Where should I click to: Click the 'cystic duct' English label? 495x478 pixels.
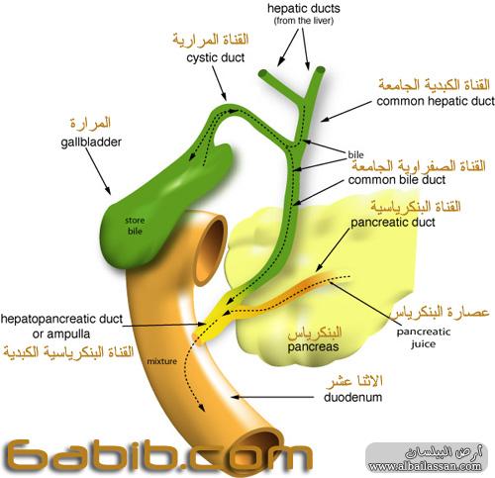[x=215, y=57]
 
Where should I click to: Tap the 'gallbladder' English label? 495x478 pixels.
[x=91, y=143]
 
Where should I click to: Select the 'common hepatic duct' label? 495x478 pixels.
[x=436, y=101]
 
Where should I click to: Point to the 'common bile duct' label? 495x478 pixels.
[x=397, y=180]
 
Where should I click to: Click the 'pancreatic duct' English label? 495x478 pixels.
[x=393, y=223]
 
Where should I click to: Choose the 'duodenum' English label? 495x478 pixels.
[x=353, y=397]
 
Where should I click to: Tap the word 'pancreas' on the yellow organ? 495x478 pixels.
[x=313, y=347]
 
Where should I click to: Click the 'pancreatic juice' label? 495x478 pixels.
[x=424, y=337]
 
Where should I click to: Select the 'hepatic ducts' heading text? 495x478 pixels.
[x=304, y=9]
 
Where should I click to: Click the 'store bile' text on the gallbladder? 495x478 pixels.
[x=135, y=226]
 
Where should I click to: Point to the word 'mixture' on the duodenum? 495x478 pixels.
[x=161, y=361]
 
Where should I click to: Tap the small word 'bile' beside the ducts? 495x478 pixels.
[x=355, y=154]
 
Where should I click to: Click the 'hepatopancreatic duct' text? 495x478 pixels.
[x=61, y=319]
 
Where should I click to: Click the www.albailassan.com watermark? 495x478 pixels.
[x=425, y=466]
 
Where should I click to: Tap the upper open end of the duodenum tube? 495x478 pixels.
[x=211, y=249]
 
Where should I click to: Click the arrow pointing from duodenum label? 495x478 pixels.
[x=272, y=397]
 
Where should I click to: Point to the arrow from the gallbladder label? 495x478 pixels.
[x=98, y=171]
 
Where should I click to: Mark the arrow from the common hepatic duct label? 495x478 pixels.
[x=346, y=112]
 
